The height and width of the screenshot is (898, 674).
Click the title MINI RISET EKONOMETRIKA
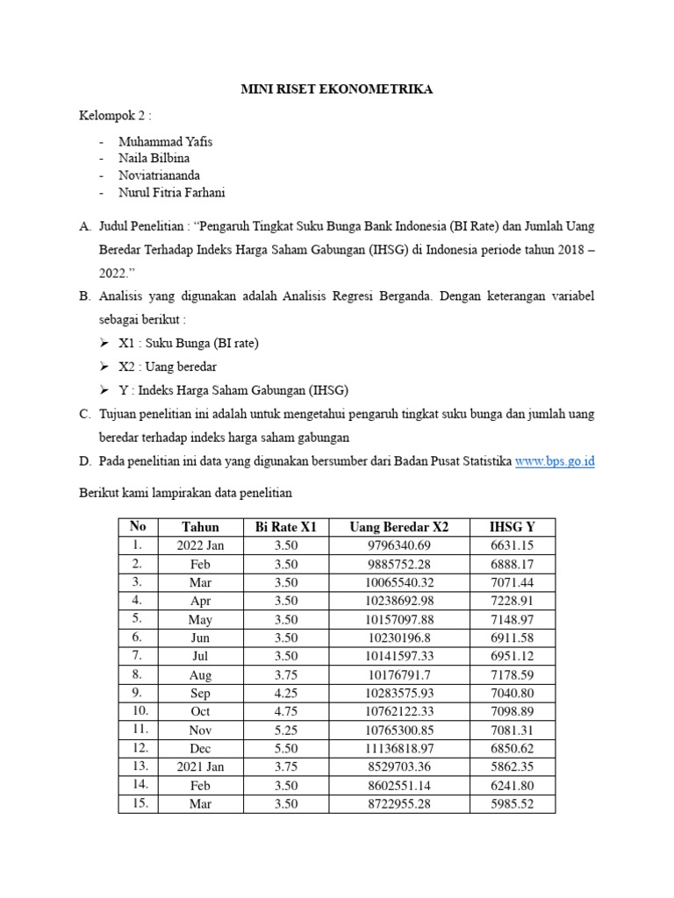click(337, 89)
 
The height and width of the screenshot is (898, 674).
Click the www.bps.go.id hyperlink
click(555, 460)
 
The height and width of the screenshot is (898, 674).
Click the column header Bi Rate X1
click(285, 527)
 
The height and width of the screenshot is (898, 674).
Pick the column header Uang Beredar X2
click(398, 527)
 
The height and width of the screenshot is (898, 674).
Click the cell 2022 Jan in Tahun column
click(200, 545)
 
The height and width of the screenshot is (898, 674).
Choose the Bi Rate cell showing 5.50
click(285, 748)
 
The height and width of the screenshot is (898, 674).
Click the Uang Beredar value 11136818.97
click(399, 748)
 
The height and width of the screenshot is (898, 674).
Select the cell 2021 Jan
click(200, 766)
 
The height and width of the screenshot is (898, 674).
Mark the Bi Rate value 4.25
click(285, 693)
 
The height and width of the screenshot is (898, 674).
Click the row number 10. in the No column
click(138, 710)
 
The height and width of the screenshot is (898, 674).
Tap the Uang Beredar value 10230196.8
click(399, 638)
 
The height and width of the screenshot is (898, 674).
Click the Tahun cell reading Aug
click(200, 674)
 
